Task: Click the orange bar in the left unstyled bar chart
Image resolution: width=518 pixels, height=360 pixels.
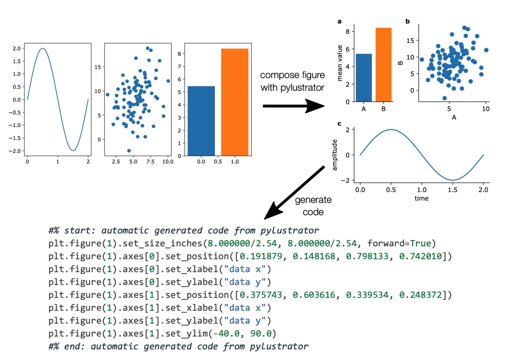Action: pos(235,102)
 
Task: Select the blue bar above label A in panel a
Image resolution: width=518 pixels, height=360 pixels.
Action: pos(364,78)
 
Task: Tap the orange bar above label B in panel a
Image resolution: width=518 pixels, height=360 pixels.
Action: pos(383,65)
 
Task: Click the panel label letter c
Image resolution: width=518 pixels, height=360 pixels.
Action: pos(340,124)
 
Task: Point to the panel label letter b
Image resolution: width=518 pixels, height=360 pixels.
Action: pos(408,21)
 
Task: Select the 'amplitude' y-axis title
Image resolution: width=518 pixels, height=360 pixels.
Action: pos(335,154)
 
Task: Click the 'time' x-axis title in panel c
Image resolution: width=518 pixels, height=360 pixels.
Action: pos(422,198)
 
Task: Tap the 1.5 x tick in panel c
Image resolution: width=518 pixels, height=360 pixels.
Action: pos(452,190)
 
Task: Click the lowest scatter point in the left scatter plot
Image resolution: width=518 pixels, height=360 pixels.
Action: pos(129,151)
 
